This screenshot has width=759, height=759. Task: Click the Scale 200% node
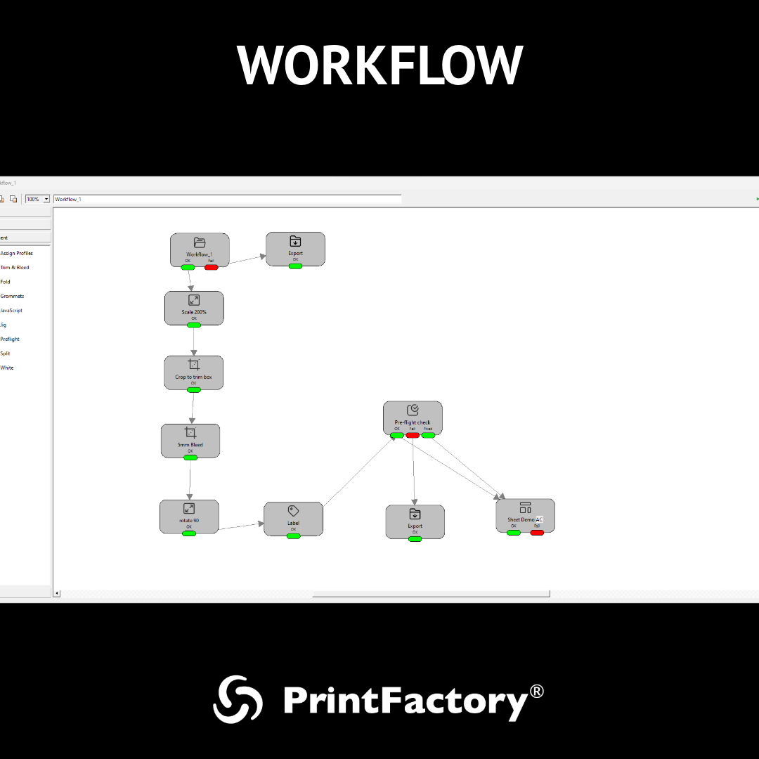click(x=194, y=307)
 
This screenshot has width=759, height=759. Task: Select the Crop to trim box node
click(x=193, y=372)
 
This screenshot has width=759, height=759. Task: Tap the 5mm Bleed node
click(x=190, y=440)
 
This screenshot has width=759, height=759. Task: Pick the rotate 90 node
click(x=189, y=515)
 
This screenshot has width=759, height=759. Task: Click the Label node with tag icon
click(x=293, y=518)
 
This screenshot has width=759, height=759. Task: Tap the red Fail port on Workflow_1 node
click(x=211, y=267)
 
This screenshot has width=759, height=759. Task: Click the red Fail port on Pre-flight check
click(x=413, y=435)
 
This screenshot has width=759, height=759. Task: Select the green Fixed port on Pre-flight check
click(x=428, y=435)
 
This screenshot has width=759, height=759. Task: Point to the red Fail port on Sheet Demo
click(x=537, y=533)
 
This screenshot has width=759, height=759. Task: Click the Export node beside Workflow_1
click(x=295, y=248)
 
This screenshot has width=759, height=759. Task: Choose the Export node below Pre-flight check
click(x=415, y=521)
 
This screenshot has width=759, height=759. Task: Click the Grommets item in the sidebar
click(x=12, y=296)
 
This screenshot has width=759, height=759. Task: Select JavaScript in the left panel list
click(x=12, y=311)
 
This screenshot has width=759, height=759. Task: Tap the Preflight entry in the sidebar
click(x=10, y=339)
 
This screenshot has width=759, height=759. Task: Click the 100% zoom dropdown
click(x=38, y=199)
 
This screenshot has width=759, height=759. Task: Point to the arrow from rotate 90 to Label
click(x=241, y=526)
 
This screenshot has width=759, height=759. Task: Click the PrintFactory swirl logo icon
click(x=238, y=699)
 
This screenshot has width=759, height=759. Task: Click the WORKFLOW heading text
click(x=379, y=65)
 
